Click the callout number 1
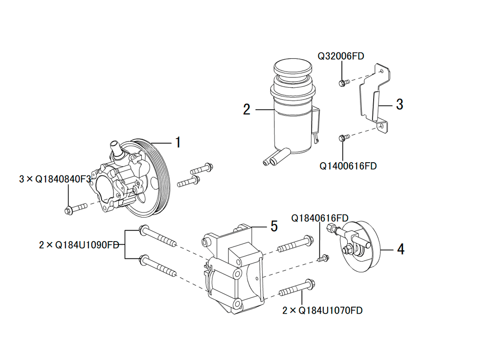pos(178,143)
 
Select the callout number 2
pos(247,109)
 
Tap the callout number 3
pos(400,104)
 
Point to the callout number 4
pos(400,249)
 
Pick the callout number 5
pos(274,226)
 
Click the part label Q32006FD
pos(341,56)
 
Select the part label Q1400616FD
pos(348,166)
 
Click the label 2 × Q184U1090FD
pos(79,244)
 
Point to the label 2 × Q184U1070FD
pos(323,310)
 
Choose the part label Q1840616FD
pos(320,218)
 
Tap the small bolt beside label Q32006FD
pos(343,82)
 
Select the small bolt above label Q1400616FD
pos(343,138)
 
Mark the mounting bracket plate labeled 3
pos(376,98)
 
